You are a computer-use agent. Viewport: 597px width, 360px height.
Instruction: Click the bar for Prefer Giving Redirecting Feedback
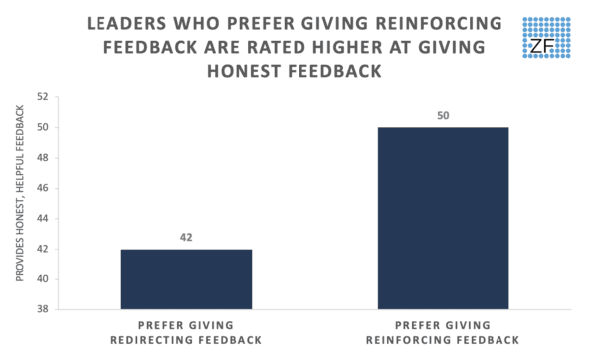pos(186,278)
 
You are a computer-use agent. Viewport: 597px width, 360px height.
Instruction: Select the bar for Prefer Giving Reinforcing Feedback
pos(443,218)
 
